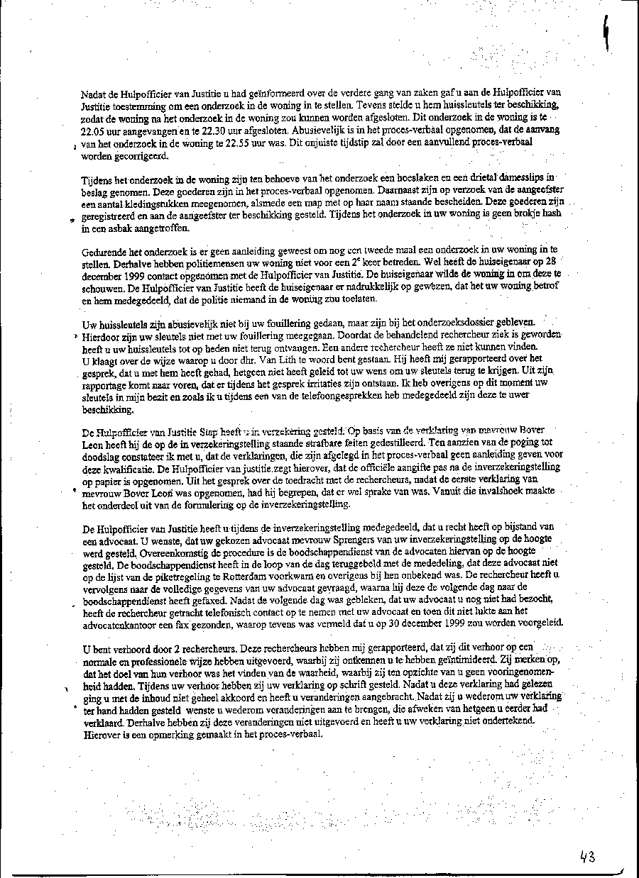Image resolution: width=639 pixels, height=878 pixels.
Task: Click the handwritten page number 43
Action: [x=586, y=857]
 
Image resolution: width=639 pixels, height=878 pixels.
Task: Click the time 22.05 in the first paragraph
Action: [x=94, y=132]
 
